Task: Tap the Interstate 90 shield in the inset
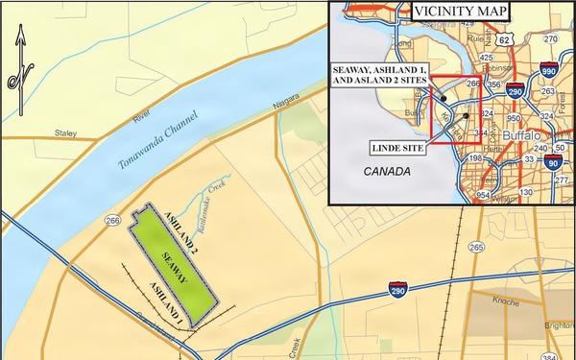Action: coord(552,164)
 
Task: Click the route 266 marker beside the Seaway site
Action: coord(112,222)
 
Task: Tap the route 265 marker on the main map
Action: coord(476,248)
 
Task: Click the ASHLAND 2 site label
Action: coord(181,229)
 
